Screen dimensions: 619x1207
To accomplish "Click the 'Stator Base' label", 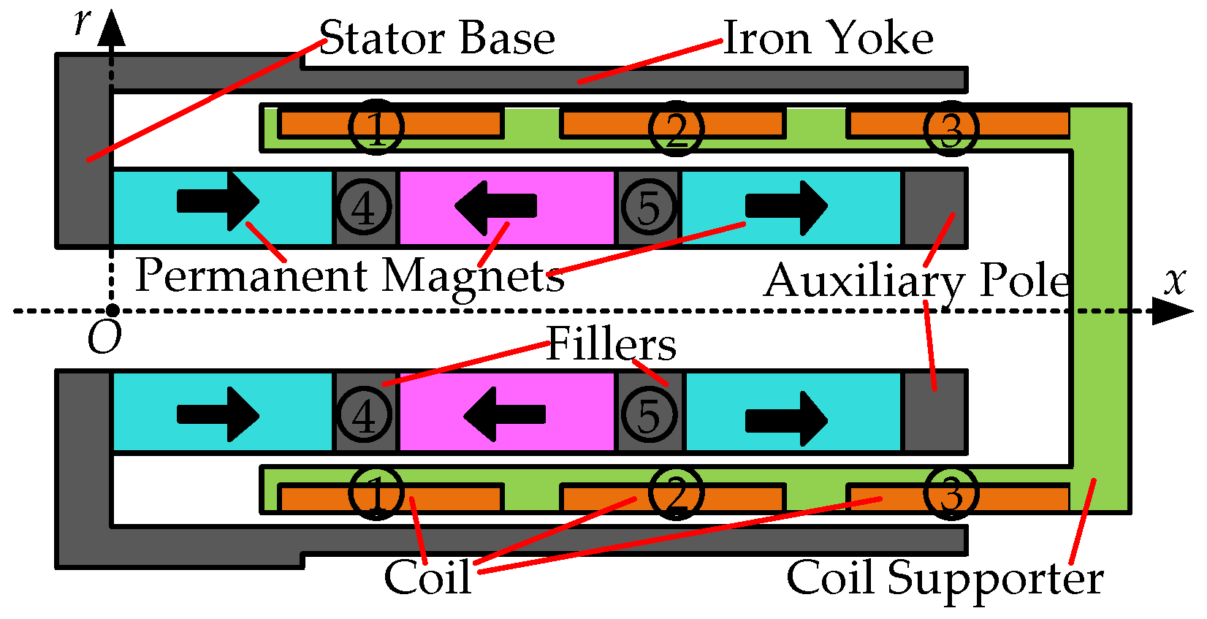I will tap(437, 38).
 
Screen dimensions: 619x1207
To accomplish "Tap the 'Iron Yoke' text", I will tap(828, 38).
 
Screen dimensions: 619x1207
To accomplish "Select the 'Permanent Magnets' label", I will tap(349, 276).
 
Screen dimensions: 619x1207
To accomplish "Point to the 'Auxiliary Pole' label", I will tap(917, 281).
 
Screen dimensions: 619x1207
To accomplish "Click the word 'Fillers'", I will tap(611, 344).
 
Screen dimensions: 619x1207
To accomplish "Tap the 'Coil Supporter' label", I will tap(944, 578).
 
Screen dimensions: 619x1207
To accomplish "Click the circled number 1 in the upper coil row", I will tap(376, 128).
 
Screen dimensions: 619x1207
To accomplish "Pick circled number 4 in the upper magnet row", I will tap(363, 208).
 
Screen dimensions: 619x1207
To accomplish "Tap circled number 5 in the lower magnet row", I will tap(649, 414).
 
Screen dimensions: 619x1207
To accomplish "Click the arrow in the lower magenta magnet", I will tap(504, 414).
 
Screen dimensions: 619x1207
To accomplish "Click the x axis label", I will tap(1174, 280).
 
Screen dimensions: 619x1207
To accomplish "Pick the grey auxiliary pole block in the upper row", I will tap(934, 208).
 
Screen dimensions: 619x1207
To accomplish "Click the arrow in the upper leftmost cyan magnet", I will tap(218, 201).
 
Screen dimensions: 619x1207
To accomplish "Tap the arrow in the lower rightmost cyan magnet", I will tap(786, 419).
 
